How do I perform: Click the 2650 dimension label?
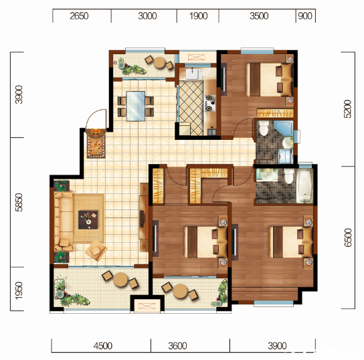tap(79, 16)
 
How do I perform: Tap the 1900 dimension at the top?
tap(198, 16)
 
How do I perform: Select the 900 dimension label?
tap(305, 16)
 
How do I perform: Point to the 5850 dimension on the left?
tap(19, 202)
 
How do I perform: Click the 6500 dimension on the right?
tap(348, 238)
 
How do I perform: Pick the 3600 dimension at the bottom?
tap(177, 346)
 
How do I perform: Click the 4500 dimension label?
tap(103, 346)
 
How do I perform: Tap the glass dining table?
tap(136, 106)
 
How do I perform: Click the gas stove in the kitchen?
tap(210, 103)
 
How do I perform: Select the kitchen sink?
tap(193, 74)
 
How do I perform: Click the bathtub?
tap(305, 186)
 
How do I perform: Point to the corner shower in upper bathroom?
tap(284, 128)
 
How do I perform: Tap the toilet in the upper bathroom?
tap(264, 128)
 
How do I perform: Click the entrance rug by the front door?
tap(96, 143)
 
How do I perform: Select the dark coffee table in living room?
tap(88, 219)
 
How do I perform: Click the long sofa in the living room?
tap(64, 221)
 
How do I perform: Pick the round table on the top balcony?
tap(160, 63)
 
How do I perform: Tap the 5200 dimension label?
tap(348, 109)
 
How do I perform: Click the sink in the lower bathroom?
tap(267, 175)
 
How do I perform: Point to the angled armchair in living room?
tap(96, 250)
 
